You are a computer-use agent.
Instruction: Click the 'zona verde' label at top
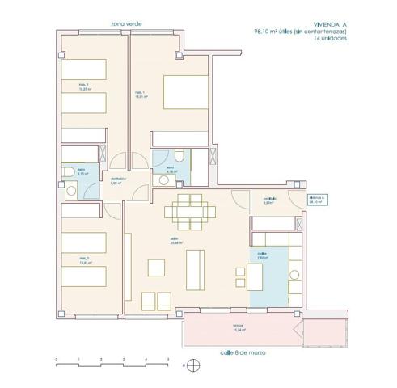(x=119, y=25)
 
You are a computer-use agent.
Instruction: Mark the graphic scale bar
(x=112, y=362)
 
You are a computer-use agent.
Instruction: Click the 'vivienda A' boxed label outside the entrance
(x=316, y=200)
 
